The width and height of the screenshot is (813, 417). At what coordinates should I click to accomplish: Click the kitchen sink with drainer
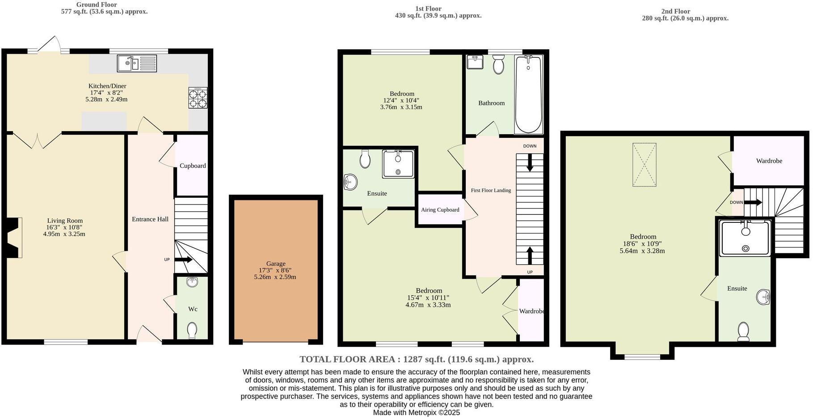(137, 63)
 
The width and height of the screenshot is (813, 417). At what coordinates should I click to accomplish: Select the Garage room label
(275, 264)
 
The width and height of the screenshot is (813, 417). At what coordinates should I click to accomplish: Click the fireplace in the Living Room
(15, 238)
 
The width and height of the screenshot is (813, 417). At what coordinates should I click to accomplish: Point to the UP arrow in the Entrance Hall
(183, 260)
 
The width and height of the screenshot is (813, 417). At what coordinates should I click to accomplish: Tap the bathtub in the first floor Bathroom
(528, 94)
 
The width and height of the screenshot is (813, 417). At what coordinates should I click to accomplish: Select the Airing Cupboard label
(440, 209)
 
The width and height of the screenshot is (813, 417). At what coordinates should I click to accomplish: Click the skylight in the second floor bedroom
(644, 164)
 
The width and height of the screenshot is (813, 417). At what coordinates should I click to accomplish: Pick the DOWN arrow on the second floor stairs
(753, 202)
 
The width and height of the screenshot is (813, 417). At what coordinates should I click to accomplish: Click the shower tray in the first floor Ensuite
(398, 164)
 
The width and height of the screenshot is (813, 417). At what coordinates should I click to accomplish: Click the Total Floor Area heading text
(416, 359)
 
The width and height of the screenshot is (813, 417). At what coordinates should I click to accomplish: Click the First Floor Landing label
(491, 190)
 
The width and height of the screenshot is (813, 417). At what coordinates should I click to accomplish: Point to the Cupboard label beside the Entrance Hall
(193, 166)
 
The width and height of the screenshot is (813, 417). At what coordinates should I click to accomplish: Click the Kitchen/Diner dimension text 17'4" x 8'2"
(106, 93)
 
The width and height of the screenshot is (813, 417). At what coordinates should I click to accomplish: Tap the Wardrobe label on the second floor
(769, 161)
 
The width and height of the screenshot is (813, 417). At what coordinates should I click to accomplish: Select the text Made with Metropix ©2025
(416, 413)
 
